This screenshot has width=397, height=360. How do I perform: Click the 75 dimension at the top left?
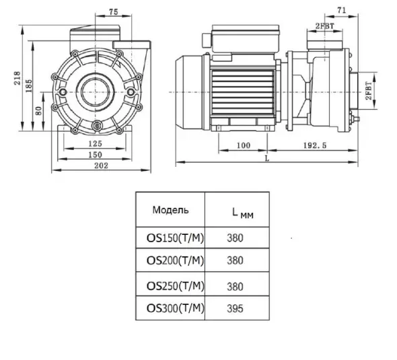pos(114,11)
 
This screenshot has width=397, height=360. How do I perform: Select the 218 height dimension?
pos(17,78)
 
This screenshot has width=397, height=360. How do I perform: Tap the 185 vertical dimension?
pos(29,86)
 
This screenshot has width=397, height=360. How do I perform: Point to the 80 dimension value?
pos(38,110)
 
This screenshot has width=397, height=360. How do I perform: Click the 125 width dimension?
pos(95,143)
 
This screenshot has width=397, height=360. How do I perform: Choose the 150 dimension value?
pos(95,155)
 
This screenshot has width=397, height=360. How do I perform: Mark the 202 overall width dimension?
pos(101,166)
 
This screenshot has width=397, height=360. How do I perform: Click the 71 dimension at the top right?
pos(342,10)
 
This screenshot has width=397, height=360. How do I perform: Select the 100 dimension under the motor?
pos(244,145)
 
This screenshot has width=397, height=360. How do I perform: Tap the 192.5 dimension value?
pos(315,145)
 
